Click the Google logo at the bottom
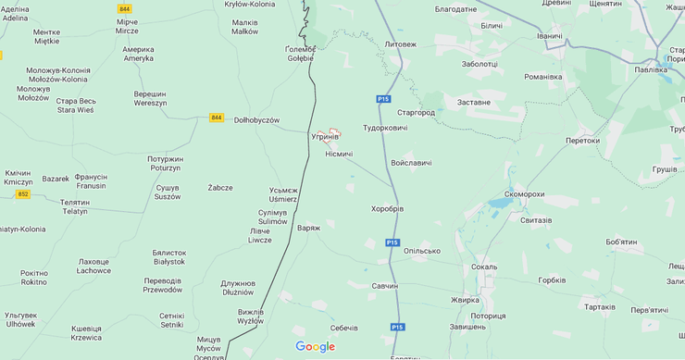point(316,347)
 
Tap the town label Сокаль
point(483,267)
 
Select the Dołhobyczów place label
point(256,119)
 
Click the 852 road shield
point(23,194)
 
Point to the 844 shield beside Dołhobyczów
point(217,118)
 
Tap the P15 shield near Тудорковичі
point(383,99)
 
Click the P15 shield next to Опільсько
point(393,242)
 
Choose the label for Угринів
point(325,136)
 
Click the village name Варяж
point(308,228)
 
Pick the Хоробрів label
point(387,208)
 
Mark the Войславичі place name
point(411,163)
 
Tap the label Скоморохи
point(524,194)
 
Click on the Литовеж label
point(400,43)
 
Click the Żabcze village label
point(220,187)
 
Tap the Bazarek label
point(56,179)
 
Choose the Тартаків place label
point(599,306)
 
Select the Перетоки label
point(582,141)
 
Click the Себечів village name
point(343,328)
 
